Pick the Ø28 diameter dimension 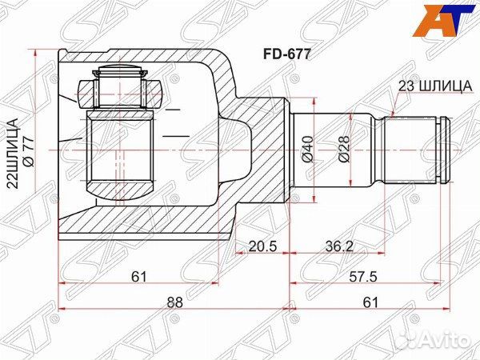pos(343,150)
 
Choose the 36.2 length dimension pos(339,246)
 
